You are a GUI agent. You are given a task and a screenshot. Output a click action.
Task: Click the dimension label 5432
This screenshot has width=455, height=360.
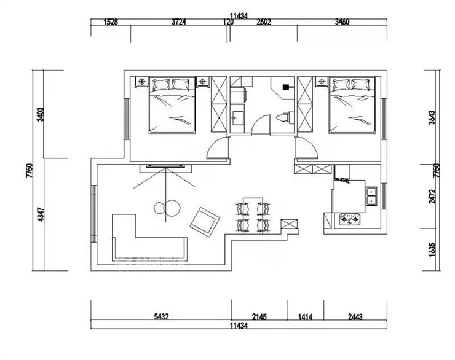(x=161, y=316)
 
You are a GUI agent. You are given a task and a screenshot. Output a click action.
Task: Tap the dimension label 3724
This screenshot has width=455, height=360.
(x=178, y=22)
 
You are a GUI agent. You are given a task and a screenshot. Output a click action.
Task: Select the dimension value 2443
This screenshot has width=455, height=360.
(x=355, y=317)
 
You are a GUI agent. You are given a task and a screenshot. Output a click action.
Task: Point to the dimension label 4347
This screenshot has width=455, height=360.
(x=41, y=214)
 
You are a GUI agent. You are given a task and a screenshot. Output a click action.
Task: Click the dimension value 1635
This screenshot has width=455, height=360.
(x=432, y=249)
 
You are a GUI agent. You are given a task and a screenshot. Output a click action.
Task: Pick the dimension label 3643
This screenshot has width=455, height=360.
(x=432, y=117)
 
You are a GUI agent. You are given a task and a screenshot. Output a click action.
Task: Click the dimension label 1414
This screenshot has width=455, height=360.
(x=305, y=317)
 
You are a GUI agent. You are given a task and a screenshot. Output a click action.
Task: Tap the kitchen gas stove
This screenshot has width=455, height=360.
(x=350, y=219)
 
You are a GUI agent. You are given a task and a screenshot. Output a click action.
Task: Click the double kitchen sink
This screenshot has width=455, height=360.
(x=371, y=196)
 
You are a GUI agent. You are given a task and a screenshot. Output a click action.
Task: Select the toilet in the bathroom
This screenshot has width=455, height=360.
(x=284, y=117)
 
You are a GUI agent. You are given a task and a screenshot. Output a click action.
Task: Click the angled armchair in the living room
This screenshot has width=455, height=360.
(x=205, y=221)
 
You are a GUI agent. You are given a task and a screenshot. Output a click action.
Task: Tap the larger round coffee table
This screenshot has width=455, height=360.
(x=172, y=208)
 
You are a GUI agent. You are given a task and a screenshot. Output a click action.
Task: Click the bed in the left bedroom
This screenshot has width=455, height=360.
(x=172, y=105)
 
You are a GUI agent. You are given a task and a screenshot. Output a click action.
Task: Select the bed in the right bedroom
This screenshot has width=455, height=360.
(x=352, y=105)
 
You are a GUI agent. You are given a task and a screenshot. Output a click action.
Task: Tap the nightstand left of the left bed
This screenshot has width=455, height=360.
(x=142, y=82)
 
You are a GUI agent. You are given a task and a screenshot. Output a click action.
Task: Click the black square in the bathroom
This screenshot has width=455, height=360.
(x=286, y=87)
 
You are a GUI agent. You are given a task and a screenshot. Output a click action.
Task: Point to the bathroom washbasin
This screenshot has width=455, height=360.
(x=237, y=118)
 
